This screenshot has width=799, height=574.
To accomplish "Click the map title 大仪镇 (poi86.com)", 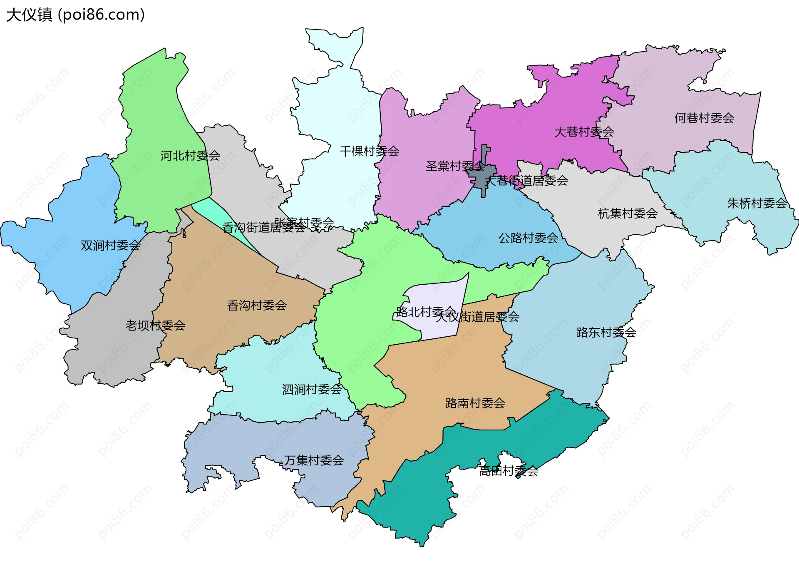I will coord(75,15).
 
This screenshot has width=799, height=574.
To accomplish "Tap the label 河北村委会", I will coord(190,156).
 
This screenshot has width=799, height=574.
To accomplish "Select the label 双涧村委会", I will coord(110,246).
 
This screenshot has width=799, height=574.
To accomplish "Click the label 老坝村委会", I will coord(155,326).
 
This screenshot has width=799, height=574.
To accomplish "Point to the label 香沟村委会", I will coord(257,306).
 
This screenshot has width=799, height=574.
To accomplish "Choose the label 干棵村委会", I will coord(369,151).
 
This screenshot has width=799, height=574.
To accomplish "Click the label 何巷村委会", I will coord(704,118).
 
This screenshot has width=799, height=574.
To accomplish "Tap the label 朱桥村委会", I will coord(757,203).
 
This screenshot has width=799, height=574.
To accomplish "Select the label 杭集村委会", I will coord(628,214).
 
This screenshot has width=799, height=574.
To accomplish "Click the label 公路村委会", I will coord(528,238).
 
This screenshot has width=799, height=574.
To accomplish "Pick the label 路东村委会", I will coord(606,332).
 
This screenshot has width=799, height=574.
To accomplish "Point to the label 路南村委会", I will coord(475,403).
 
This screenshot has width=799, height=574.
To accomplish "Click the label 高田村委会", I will coord(508,471).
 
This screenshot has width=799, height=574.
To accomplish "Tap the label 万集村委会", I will coord(314,460).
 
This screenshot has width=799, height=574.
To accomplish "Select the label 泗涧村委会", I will coord(312,390).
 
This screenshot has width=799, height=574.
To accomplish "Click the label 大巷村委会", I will coord(583,132).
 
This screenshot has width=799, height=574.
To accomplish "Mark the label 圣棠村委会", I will coord(455,166).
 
